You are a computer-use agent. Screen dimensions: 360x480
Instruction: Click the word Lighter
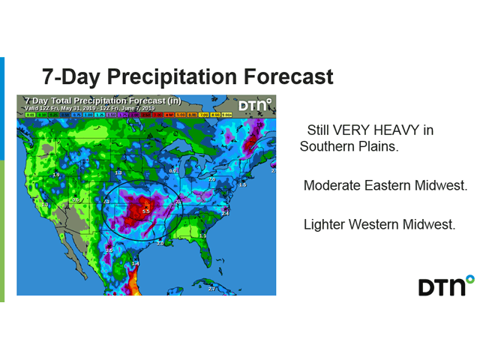325,223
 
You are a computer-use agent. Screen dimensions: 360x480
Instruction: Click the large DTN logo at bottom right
445,286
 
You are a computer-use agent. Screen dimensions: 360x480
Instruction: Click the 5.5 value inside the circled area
146,212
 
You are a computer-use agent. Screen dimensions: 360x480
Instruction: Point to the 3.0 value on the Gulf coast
159,243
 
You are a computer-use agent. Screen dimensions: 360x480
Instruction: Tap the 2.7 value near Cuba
211,288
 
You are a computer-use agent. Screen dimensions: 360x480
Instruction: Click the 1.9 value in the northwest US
56,175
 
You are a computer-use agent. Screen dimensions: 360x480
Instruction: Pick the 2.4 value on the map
223,213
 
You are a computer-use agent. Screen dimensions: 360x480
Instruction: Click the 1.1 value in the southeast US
202,236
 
